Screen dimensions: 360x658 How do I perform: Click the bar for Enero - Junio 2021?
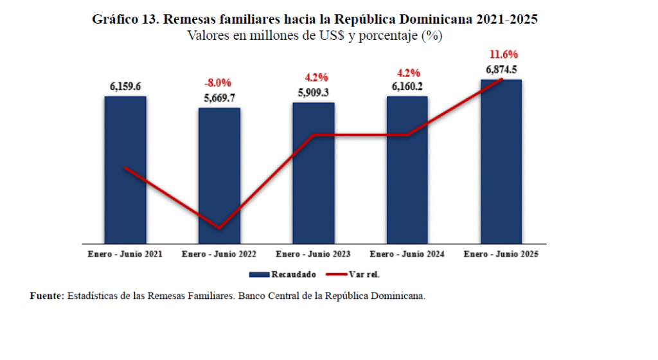(125, 170)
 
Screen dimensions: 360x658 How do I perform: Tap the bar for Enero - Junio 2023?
(314, 173)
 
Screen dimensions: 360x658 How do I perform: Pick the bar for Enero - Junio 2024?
(407, 170)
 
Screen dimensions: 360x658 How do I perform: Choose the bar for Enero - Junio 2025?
(501, 161)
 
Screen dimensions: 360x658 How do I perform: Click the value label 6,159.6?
(125, 87)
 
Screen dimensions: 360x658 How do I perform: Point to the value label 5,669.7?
(219, 98)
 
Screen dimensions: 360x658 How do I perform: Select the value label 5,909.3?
(314, 93)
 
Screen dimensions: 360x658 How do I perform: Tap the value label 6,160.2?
(407, 87)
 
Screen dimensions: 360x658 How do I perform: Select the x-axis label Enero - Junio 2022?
(219, 255)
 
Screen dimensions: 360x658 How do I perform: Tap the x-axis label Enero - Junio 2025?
(501, 255)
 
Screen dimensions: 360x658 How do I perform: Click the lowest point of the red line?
(220, 228)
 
